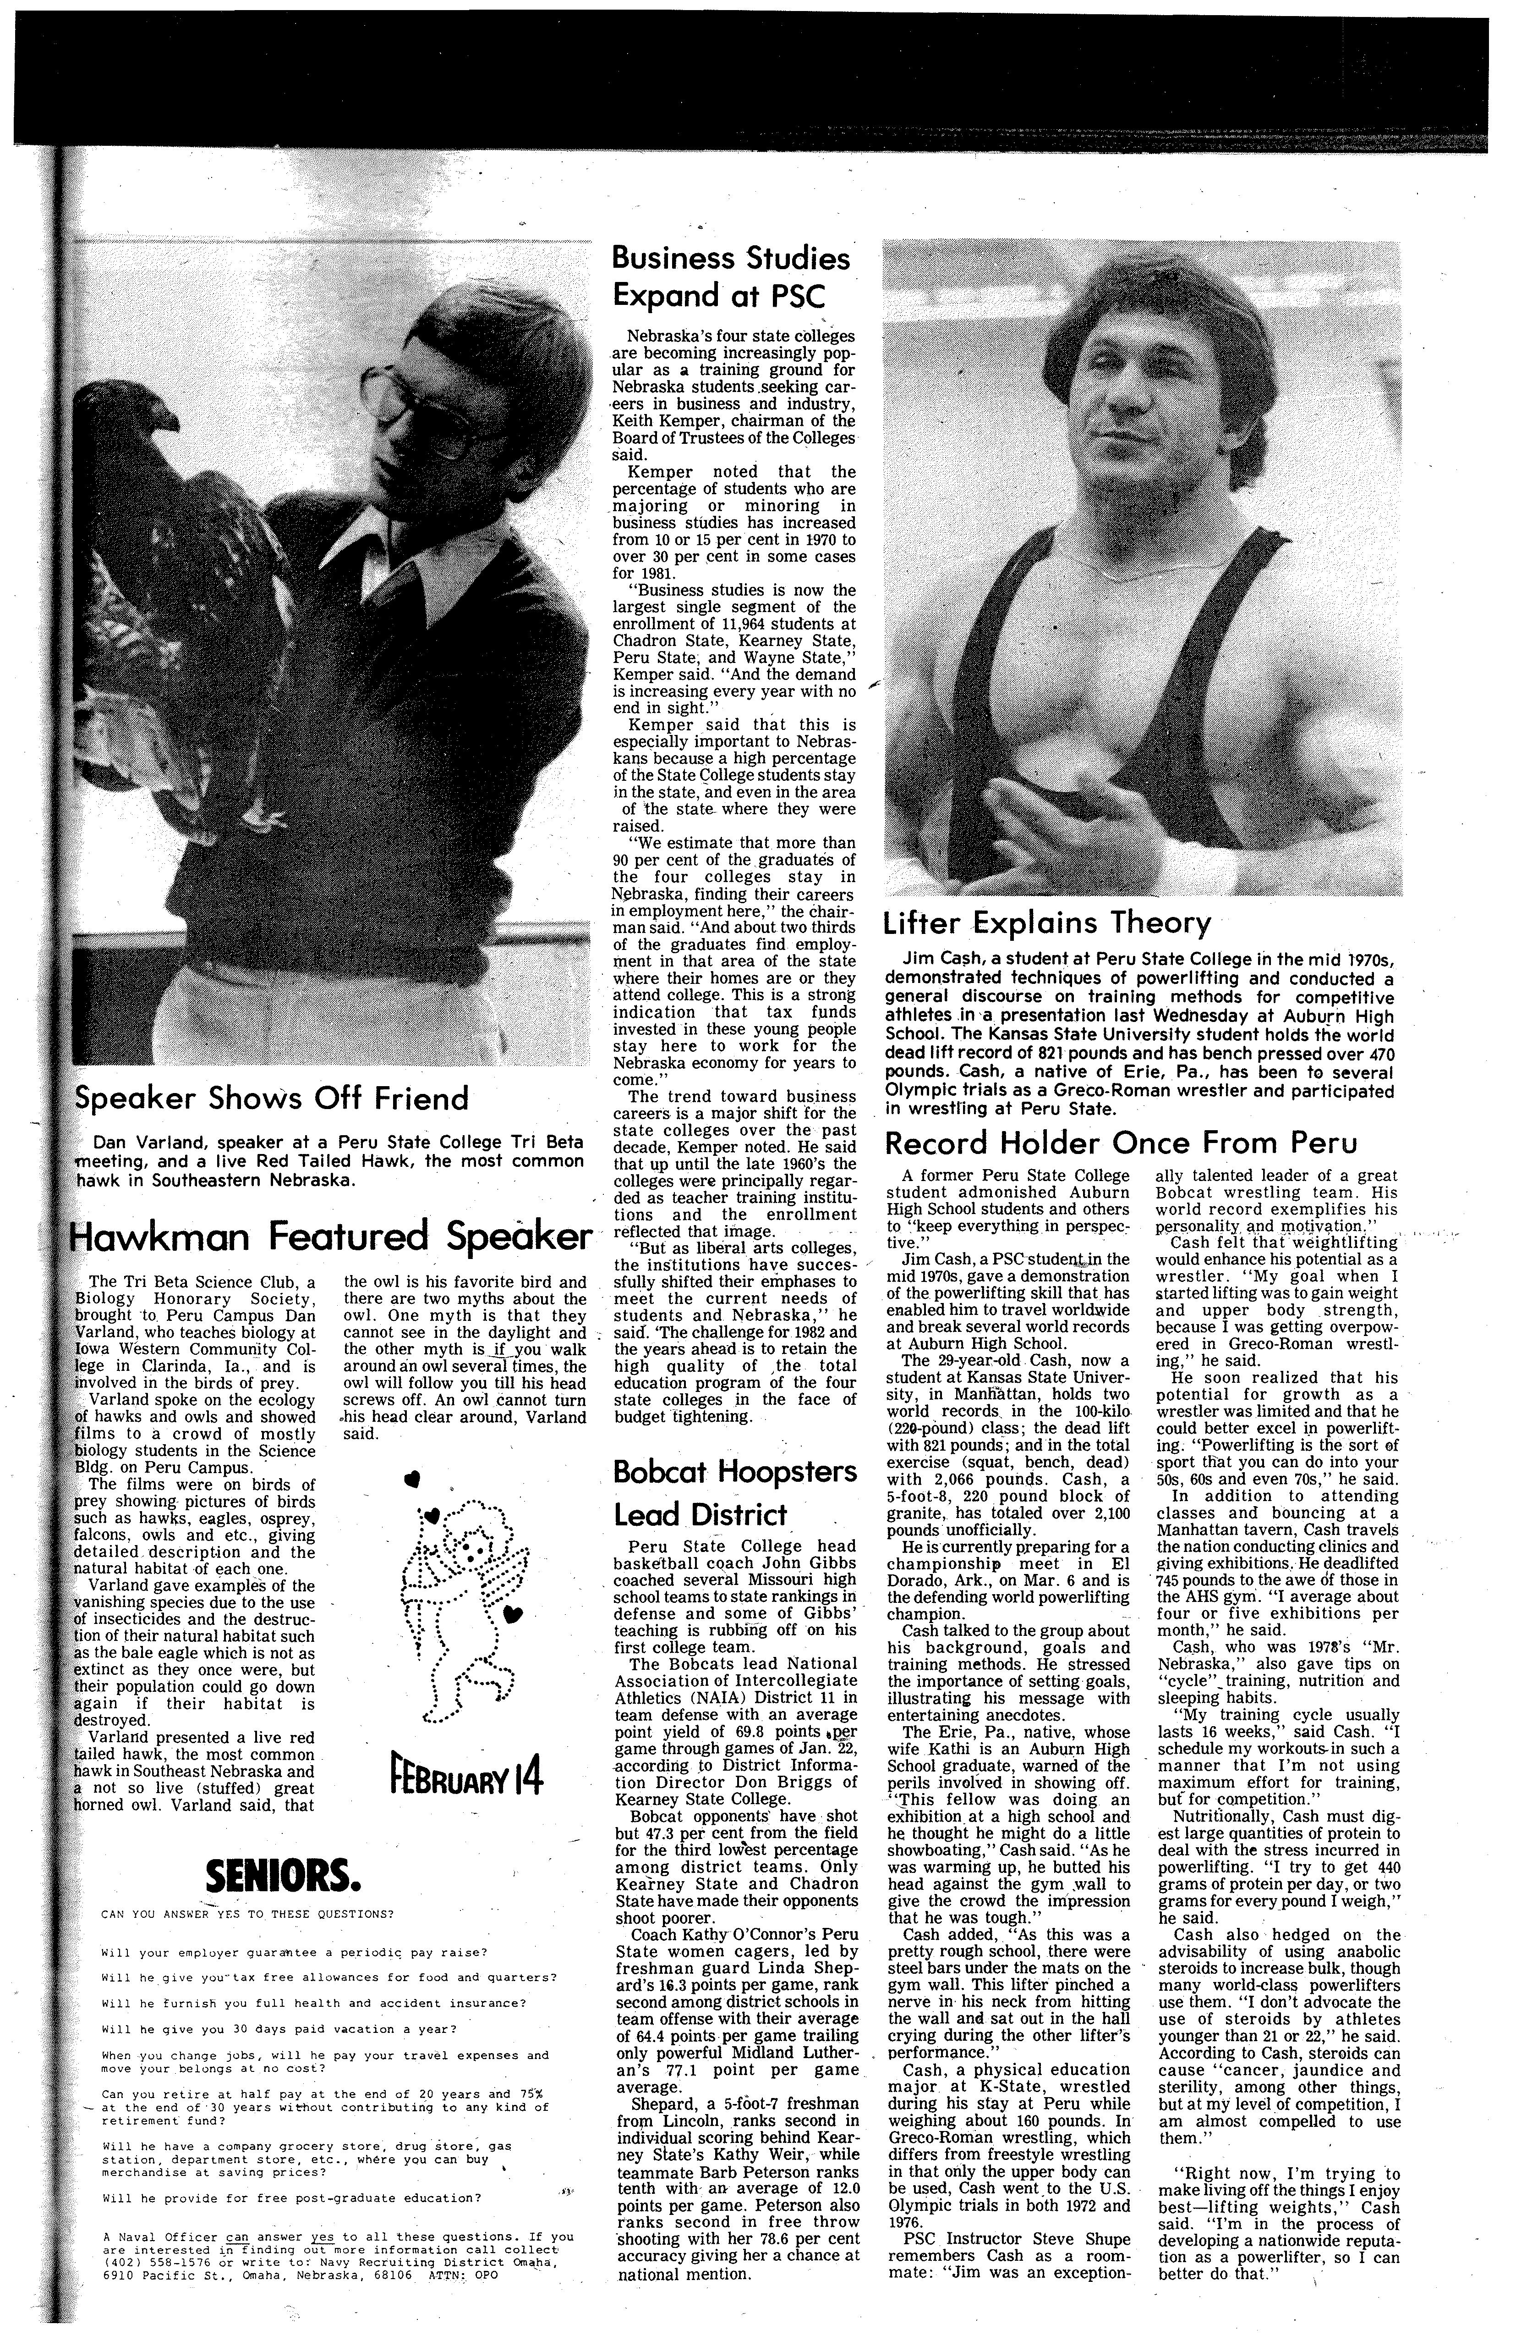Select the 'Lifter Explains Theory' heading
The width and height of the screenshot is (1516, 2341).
(1046, 922)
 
